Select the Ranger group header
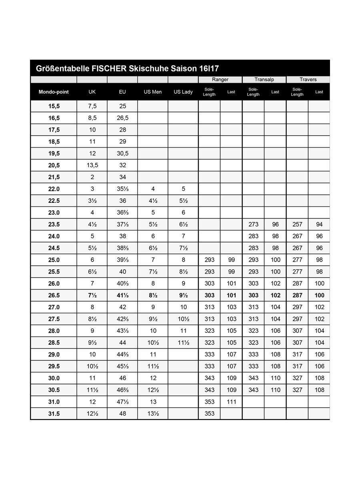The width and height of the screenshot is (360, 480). click(220, 80)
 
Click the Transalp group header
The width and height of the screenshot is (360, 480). click(264, 80)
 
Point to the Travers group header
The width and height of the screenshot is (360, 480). click(308, 80)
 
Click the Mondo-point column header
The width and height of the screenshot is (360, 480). click(54, 92)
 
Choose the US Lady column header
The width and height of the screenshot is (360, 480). click(183, 92)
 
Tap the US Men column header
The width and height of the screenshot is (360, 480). click(153, 92)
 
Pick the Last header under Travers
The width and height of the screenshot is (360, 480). click(319, 92)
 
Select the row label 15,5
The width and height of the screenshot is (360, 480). click(54, 106)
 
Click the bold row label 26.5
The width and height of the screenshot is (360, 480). click(54, 295)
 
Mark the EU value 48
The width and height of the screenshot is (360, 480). click(122, 414)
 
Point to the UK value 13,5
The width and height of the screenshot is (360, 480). click(92, 165)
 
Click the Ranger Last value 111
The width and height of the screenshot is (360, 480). click(231, 402)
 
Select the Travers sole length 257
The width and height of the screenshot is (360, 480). click(297, 224)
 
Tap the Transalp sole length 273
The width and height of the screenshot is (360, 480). click(253, 224)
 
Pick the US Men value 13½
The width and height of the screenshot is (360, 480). click(153, 414)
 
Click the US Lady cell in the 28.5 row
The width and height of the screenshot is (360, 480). click(183, 342)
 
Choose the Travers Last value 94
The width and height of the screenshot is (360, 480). click(319, 224)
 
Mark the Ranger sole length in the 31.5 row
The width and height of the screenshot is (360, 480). click(209, 414)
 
